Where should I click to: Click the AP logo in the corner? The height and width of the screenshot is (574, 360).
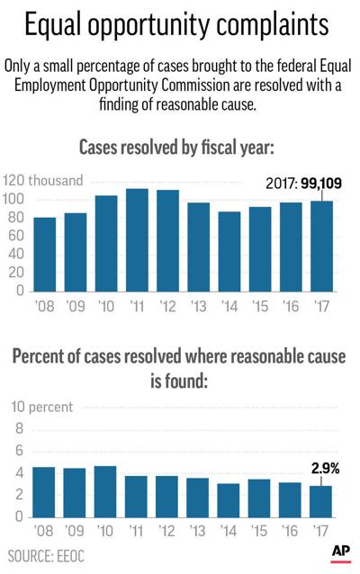[340, 552]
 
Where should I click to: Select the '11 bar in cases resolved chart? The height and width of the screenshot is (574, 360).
[137, 240]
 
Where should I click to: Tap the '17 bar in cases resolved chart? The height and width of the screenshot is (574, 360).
[321, 246]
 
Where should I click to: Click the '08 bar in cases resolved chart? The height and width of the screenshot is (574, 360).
[45, 255]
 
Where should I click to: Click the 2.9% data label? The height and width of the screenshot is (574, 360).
[321, 469]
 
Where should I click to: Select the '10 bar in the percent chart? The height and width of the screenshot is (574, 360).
[106, 491]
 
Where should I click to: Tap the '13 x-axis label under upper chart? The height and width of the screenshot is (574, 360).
[198, 305]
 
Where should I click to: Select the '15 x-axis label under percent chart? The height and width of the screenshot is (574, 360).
[259, 532]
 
